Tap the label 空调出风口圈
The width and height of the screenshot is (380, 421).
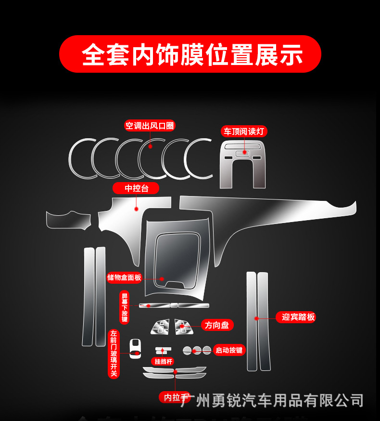[150, 126]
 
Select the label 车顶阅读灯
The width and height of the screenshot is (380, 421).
[244, 131]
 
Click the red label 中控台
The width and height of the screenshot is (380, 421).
[136, 188]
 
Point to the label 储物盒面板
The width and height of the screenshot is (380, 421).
[125, 277]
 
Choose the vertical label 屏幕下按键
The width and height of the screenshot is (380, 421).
[125, 307]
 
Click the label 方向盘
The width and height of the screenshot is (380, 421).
[217, 325]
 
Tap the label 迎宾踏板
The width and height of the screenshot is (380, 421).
[298, 316]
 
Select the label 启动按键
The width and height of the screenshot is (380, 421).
[229, 350]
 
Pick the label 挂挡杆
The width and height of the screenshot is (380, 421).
[163, 361]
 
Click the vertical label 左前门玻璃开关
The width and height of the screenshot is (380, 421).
[114, 354]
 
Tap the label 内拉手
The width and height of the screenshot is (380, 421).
[172, 397]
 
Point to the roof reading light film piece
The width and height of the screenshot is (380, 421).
[242, 164]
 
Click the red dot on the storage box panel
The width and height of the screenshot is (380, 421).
[162, 278]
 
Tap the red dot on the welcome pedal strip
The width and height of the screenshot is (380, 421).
[256, 318]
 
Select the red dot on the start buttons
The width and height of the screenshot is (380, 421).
[195, 351]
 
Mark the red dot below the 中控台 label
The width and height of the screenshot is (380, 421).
[137, 209]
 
